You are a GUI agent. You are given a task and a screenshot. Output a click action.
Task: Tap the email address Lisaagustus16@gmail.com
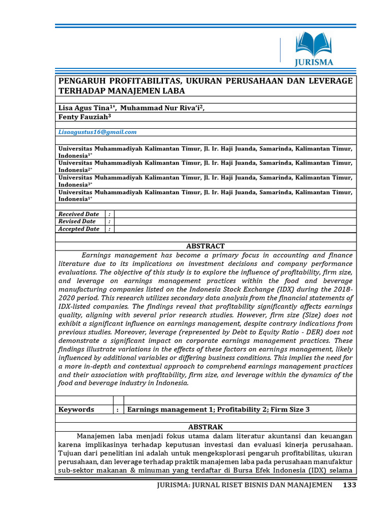tap(97, 132)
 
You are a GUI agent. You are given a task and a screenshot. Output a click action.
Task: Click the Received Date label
tap(79, 214)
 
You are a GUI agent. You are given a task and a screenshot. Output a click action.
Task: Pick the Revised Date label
tap(77, 222)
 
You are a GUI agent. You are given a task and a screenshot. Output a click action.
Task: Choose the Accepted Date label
tap(79, 229)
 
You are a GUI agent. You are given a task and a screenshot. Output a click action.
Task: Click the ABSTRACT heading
tap(205, 246)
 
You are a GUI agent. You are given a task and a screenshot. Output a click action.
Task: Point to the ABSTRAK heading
tap(205, 427)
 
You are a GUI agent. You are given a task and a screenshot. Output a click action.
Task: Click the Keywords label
tap(76, 409)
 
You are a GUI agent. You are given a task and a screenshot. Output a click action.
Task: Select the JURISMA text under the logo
tap(313, 63)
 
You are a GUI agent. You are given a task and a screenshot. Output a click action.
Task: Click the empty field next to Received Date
tap(235, 214)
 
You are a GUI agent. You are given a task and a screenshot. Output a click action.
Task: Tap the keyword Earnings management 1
tap(167, 409)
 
